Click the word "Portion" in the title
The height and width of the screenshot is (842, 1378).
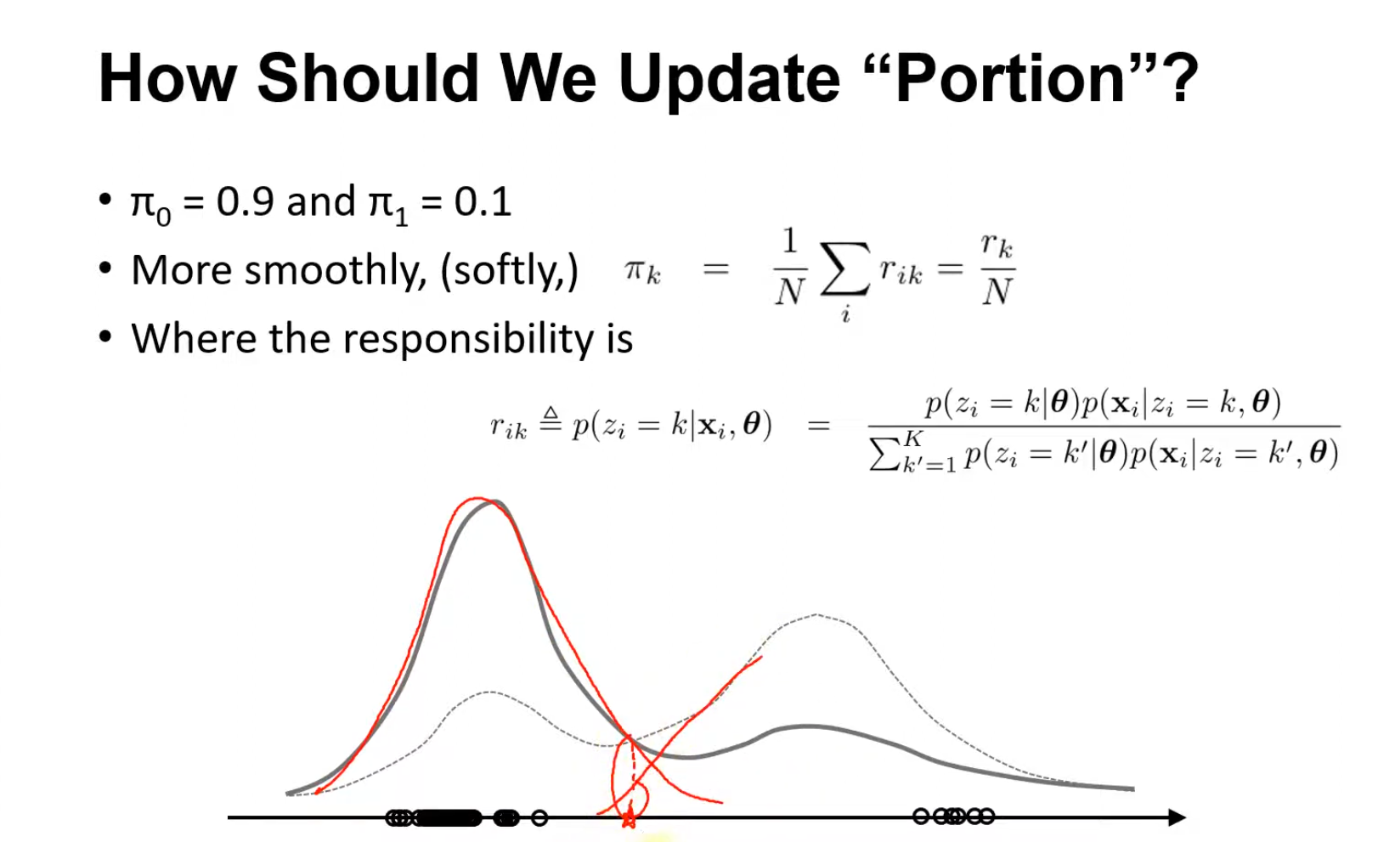1009,79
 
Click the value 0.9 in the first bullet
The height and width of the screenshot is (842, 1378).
245,201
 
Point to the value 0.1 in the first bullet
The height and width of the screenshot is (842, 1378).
483,201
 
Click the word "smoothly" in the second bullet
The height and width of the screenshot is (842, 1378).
336,271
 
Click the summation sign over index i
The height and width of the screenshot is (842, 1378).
845,269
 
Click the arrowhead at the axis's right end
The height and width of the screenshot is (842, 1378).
1177,817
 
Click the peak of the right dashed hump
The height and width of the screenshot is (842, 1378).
816,614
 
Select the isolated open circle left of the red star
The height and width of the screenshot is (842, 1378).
539,817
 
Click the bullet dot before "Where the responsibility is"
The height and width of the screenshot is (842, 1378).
105,336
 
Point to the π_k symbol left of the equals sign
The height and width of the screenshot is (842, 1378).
642,271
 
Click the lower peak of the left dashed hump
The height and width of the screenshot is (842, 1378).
489,692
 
